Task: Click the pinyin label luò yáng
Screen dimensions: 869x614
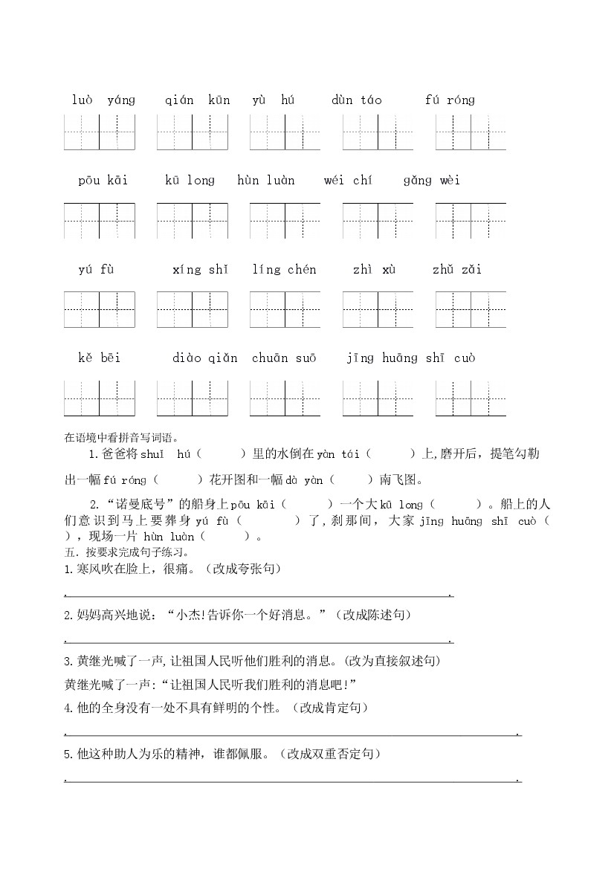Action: point(103,100)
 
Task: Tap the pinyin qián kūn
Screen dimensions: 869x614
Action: point(198,100)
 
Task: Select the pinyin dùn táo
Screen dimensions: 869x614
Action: point(356,100)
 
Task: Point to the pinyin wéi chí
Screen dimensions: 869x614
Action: point(348,181)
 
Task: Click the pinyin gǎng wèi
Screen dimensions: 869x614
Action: point(431,181)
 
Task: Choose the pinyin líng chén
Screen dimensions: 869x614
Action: point(284,270)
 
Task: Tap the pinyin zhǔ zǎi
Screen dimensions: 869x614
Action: point(456,270)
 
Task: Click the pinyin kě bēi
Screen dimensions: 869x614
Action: point(99,358)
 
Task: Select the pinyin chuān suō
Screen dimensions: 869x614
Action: point(284,358)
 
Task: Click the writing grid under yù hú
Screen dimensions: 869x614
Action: point(285,132)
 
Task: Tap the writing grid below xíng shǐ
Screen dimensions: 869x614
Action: point(192,309)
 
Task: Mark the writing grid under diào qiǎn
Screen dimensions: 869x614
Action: point(192,398)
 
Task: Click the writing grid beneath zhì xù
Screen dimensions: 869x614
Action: point(378,309)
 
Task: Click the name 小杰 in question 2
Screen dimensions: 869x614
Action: point(187,615)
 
